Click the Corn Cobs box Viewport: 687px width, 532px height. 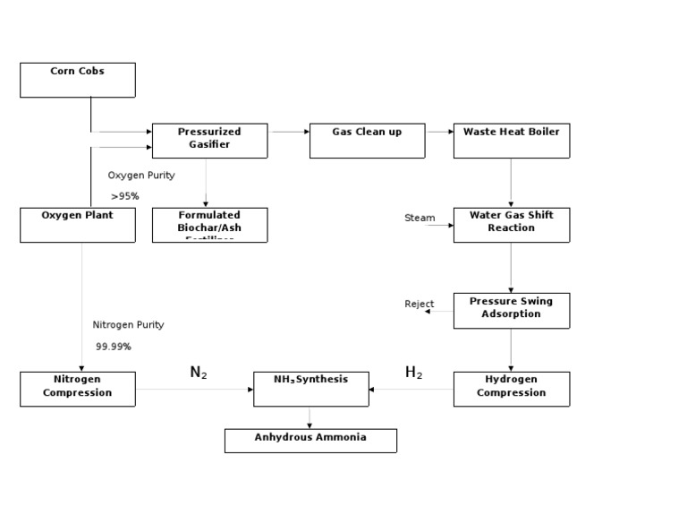coord(78,80)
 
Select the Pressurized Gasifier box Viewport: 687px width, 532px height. coord(209,141)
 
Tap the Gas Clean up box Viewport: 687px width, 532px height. coord(367,141)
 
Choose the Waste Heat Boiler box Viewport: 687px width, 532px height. coord(511,141)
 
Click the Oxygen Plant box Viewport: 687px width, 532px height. coord(78,225)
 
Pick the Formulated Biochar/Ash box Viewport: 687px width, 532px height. coord(209,225)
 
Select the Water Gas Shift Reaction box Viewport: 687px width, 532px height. coord(511,225)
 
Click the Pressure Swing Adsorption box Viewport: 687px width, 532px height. coord(511,310)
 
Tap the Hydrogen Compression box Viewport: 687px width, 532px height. coord(511,389)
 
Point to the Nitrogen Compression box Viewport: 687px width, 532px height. coord(78,389)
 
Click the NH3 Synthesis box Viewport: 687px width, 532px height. coord(310,389)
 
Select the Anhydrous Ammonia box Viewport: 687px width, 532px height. coord(310,440)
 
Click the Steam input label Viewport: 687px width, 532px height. coord(420,218)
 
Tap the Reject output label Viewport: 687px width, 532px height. coord(419,305)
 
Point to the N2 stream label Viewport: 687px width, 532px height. coord(199,373)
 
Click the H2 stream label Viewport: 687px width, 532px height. coord(413,373)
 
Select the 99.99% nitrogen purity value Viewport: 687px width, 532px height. coord(114,347)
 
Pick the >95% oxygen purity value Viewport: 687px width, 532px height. coord(125,196)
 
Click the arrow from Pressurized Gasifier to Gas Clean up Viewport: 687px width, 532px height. coord(288,132)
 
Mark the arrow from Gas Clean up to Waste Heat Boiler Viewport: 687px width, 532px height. coord(439,132)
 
